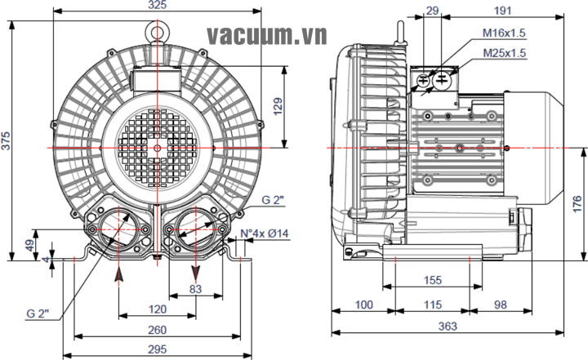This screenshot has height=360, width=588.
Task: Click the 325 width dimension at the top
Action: pos(158,6)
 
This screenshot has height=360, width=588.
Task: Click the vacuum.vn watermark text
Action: pos(266,35)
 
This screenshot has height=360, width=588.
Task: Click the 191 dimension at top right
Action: pos(504,11)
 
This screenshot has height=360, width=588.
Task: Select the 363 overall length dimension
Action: pos(446,326)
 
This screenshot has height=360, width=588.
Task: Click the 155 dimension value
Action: pos(433,280)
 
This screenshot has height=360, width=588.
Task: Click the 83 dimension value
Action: pos(194,288)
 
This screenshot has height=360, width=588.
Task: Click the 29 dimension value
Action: pos(433,11)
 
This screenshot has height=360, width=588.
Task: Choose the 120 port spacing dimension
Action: pos(158,309)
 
